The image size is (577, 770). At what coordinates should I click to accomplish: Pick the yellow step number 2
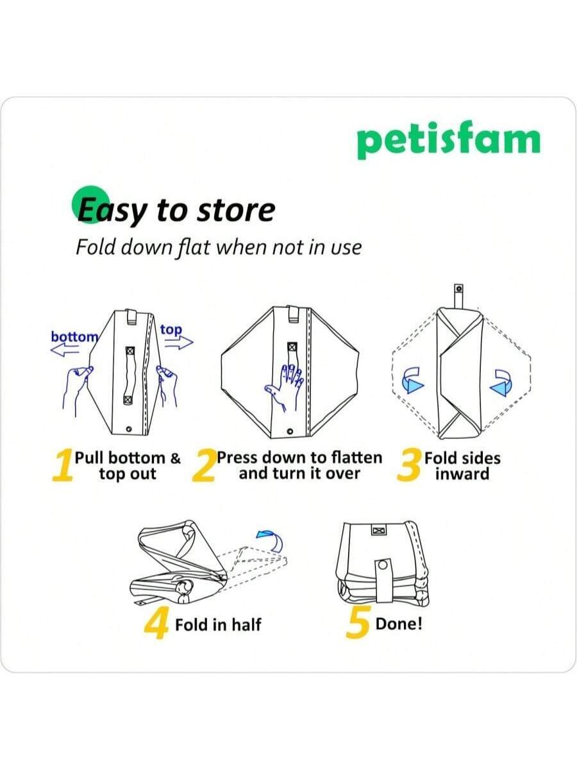(x=204, y=466)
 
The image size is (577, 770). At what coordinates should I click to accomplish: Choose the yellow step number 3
(x=408, y=466)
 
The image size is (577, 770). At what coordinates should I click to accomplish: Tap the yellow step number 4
(x=156, y=622)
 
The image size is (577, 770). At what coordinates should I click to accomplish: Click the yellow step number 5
(x=358, y=622)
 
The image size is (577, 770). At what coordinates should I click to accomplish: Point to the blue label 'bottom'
(x=74, y=336)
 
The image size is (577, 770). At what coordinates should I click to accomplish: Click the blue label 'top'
(x=171, y=330)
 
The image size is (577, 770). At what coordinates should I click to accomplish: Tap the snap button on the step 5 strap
(x=383, y=565)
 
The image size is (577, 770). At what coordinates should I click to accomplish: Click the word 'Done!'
(x=399, y=624)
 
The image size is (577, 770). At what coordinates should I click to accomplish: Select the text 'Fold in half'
(x=218, y=624)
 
